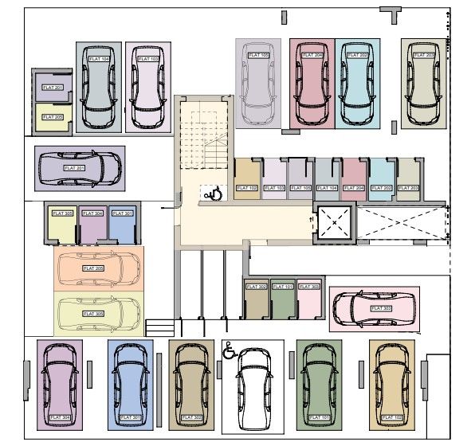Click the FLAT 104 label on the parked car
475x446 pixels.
coord(99,60)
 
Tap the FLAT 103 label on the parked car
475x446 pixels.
coord(149,59)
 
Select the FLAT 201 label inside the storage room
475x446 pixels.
coord(53,87)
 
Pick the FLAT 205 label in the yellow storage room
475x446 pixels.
coord(53,117)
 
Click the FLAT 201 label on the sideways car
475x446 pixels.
coord(75,168)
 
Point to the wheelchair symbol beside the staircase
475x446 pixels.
coord(213,192)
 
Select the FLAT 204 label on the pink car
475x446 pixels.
coord(313,55)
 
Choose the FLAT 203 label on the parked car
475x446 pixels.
coord(424,55)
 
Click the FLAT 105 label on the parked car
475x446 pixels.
coord(258,55)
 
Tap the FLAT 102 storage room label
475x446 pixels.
coord(248,188)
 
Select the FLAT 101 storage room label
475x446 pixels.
coord(283,286)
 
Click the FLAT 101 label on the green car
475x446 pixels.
coord(318,417)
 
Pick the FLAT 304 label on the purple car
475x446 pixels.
coord(60,417)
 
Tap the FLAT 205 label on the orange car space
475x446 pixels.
coord(94,268)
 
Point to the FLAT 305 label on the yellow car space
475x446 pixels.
coord(94,314)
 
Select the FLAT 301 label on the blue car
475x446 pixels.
coord(129,417)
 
